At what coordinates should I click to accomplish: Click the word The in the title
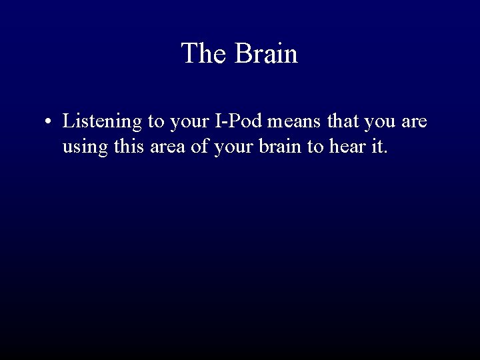pyautogui.click(x=204, y=53)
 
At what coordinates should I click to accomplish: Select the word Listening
pyautogui.click(x=102, y=123)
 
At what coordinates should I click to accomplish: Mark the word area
pyautogui.click(x=168, y=146)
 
